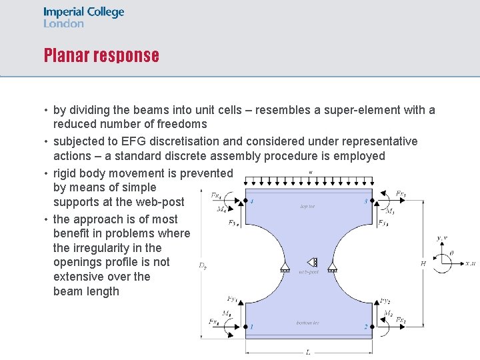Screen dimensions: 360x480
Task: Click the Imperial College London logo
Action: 84,17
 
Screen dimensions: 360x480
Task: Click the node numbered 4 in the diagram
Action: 251,201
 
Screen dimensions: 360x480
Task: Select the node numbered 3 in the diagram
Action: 365,201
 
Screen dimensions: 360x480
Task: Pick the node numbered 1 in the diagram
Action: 251,327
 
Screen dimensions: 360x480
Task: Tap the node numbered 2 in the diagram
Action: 365,327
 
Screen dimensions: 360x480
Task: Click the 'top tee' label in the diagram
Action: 307,207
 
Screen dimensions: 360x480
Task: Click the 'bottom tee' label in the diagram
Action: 307,323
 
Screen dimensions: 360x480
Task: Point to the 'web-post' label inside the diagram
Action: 309,272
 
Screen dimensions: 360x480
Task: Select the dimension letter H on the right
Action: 423,264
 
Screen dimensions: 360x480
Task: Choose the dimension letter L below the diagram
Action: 307,352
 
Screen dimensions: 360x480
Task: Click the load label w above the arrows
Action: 311,172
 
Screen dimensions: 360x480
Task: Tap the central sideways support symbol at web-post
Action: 312,262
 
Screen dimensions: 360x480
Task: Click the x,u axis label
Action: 470,264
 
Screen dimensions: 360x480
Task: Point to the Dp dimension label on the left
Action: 202,265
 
